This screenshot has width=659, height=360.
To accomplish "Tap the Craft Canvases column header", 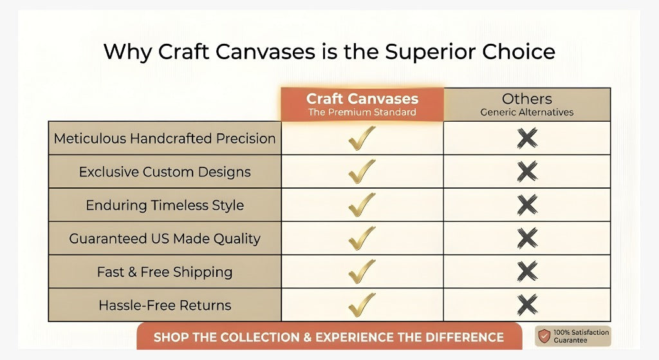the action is (362, 104).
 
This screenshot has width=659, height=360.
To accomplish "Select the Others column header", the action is (527, 104).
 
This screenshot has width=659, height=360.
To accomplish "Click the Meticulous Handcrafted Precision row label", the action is (165, 138).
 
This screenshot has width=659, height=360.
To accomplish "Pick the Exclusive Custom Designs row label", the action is (165, 172).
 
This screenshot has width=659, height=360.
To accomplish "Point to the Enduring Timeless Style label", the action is (165, 205).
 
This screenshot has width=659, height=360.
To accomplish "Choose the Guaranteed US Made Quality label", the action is (165, 238).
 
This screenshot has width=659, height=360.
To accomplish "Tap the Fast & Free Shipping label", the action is (165, 272).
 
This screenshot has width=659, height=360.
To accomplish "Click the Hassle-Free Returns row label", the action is (165, 305).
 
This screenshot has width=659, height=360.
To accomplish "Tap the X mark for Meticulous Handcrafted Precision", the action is (528, 138).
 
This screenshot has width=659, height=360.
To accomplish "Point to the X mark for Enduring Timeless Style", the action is (528, 205).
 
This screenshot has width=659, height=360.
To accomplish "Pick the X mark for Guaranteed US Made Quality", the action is (528, 238).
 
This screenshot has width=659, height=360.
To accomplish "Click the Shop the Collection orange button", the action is (329, 336).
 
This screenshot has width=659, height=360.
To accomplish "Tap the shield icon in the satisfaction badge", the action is (544, 336).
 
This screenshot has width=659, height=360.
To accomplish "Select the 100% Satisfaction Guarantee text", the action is (581, 336).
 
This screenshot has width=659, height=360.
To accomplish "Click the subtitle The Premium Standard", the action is (362, 112).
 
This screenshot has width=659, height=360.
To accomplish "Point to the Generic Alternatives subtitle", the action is (527, 112).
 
